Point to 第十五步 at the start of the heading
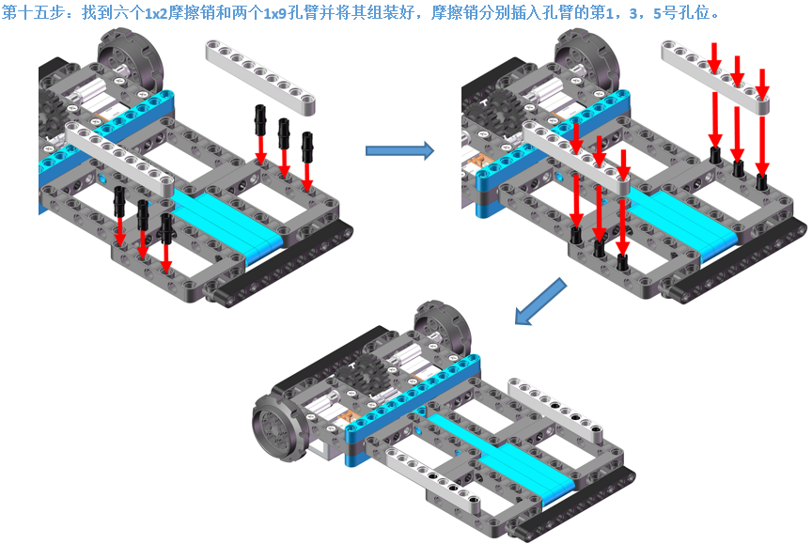(29, 14)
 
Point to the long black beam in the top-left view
(282, 267)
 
